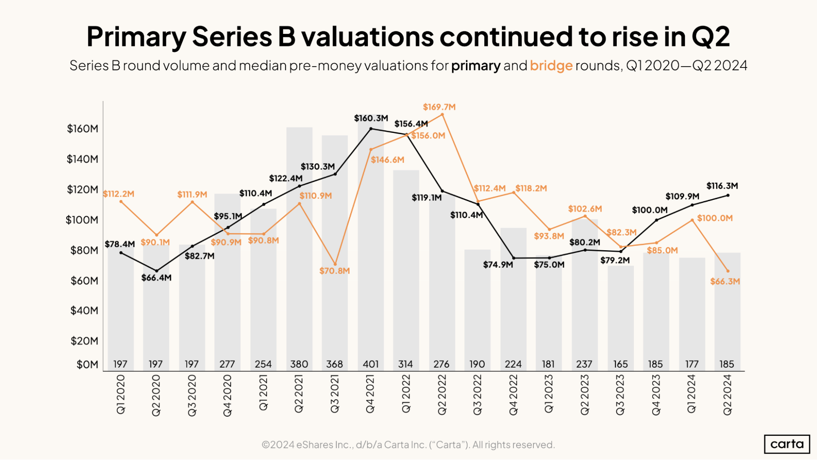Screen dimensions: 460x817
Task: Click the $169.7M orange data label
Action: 439,107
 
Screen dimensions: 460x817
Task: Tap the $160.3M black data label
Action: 371,119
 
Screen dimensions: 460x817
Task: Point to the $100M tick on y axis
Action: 82,220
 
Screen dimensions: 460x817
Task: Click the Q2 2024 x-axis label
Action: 727,395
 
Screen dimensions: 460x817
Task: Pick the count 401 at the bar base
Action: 371,364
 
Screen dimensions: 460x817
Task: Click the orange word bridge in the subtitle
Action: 551,65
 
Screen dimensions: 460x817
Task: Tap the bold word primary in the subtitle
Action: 476,65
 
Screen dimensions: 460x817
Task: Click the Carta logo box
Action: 787,444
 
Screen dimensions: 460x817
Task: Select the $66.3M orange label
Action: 725,281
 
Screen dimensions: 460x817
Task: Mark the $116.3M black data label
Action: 722,186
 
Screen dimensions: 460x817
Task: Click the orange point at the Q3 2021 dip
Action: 335,264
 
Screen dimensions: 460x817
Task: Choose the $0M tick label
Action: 87,364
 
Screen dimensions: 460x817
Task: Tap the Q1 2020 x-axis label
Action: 121,395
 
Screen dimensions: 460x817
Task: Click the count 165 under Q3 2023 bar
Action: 620,364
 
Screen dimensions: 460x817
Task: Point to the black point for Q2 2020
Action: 157,271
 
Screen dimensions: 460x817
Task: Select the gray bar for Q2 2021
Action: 299,245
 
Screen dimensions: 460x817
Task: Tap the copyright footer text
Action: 408,444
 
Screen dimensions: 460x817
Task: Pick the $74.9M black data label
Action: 498,265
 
